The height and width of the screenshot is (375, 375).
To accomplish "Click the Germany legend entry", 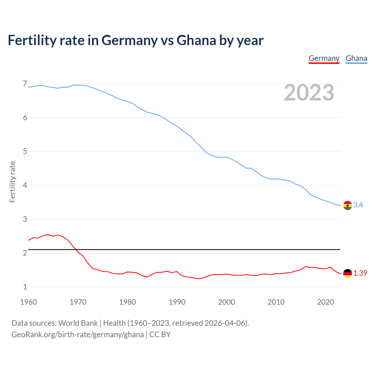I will pyautogui.click(x=324, y=58).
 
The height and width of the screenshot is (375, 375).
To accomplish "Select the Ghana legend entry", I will pyautogui.click(x=356, y=58).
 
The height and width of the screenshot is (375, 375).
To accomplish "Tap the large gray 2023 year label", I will pyautogui.click(x=309, y=93).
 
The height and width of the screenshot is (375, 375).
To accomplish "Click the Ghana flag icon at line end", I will pyautogui.click(x=347, y=205).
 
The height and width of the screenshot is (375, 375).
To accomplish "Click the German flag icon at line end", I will pyautogui.click(x=347, y=273).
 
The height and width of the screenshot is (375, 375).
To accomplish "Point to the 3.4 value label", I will pyautogui.click(x=358, y=205).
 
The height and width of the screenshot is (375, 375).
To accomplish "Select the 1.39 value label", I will pyautogui.click(x=360, y=273).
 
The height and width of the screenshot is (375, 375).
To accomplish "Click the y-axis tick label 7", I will pyautogui.click(x=25, y=84).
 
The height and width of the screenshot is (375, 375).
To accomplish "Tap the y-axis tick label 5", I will pyautogui.click(x=25, y=151).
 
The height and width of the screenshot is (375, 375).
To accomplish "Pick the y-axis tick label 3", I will pyautogui.click(x=25, y=219).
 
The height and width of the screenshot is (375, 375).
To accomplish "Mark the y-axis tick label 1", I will pyautogui.click(x=25, y=287).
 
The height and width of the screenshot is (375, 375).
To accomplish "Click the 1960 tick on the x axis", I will pyautogui.click(x=28, y=302).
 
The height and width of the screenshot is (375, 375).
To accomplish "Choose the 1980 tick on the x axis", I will pyautogui.click(x=127, y=302).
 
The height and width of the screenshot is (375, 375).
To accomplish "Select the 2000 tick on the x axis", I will pyautogui.click(x=226, y=302).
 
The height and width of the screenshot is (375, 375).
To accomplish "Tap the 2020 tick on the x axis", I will pyautogui.click(x=325, y=302).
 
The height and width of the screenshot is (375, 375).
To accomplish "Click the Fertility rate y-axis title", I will pyautogui.click(x=12, y=182).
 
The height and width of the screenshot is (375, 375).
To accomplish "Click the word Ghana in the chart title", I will pyautogui.click(x=196, y=40).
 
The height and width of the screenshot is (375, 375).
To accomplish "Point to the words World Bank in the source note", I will pyautogui.click(x=78, y=323).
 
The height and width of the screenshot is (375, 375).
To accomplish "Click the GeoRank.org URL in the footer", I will pyautogui.click(x=78, y=335).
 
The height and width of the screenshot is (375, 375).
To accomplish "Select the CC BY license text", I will pyautogui.click(x=160, y=335).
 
